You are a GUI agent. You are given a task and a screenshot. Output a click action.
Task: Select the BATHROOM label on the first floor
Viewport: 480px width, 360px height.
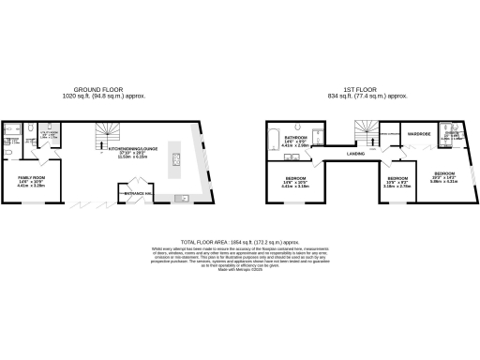tap(290, 140)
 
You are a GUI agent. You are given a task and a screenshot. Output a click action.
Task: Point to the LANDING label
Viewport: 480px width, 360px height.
tap(354, 153)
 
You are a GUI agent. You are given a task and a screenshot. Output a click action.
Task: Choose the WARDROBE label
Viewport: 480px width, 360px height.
tap(417, 134)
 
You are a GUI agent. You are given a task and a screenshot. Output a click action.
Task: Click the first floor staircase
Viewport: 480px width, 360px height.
tap(362, 132)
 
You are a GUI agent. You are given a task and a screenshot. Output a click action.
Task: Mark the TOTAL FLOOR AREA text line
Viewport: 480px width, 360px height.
tap(239, 242)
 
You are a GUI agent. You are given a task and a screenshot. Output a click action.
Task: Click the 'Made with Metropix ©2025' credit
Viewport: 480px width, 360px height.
tap(239, 272)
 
